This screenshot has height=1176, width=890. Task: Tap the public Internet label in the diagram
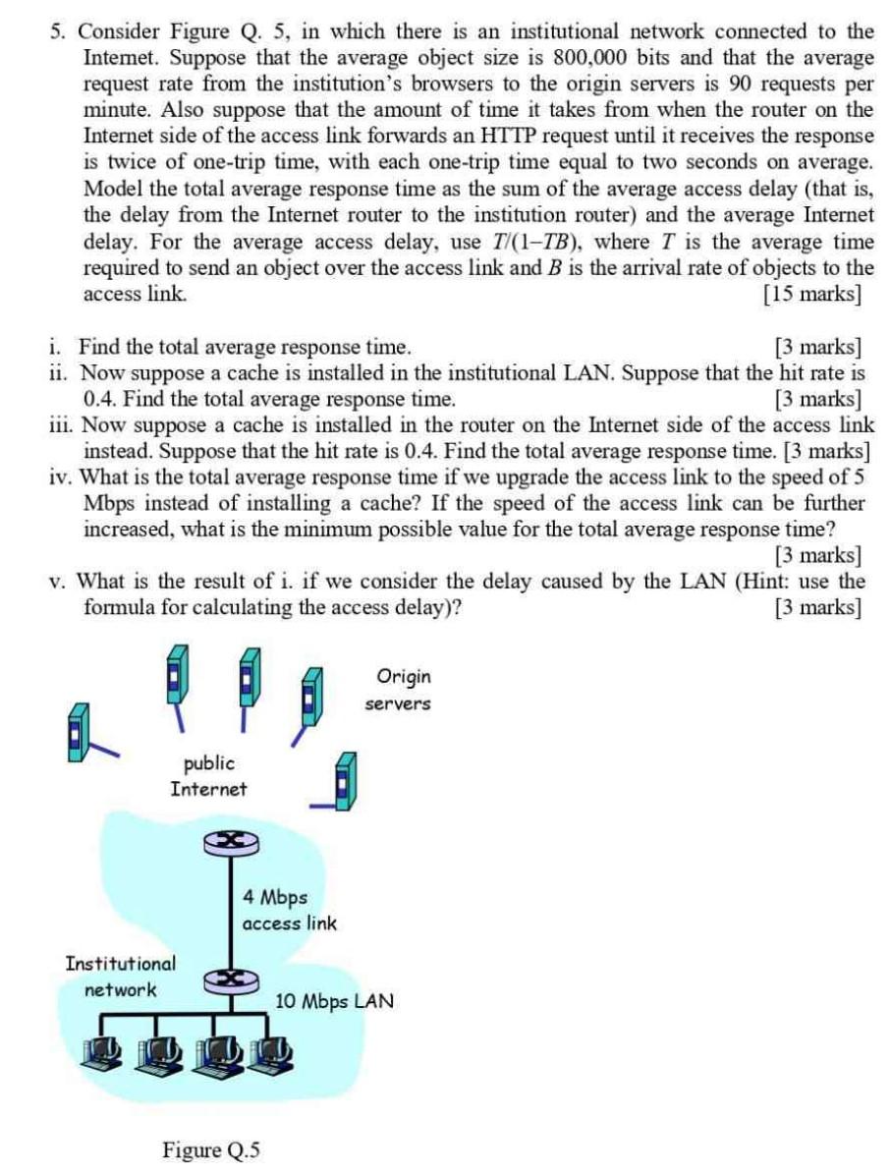tap(208, 775)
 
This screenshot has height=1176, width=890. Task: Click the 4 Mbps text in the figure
tap(274, 897)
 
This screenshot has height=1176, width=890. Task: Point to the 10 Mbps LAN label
tap(334, 1002)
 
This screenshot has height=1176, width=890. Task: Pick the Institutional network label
tap(120, 976)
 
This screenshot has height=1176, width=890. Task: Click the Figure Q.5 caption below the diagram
tap(212, 1149)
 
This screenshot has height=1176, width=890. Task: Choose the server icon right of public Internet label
tap(342, 782)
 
